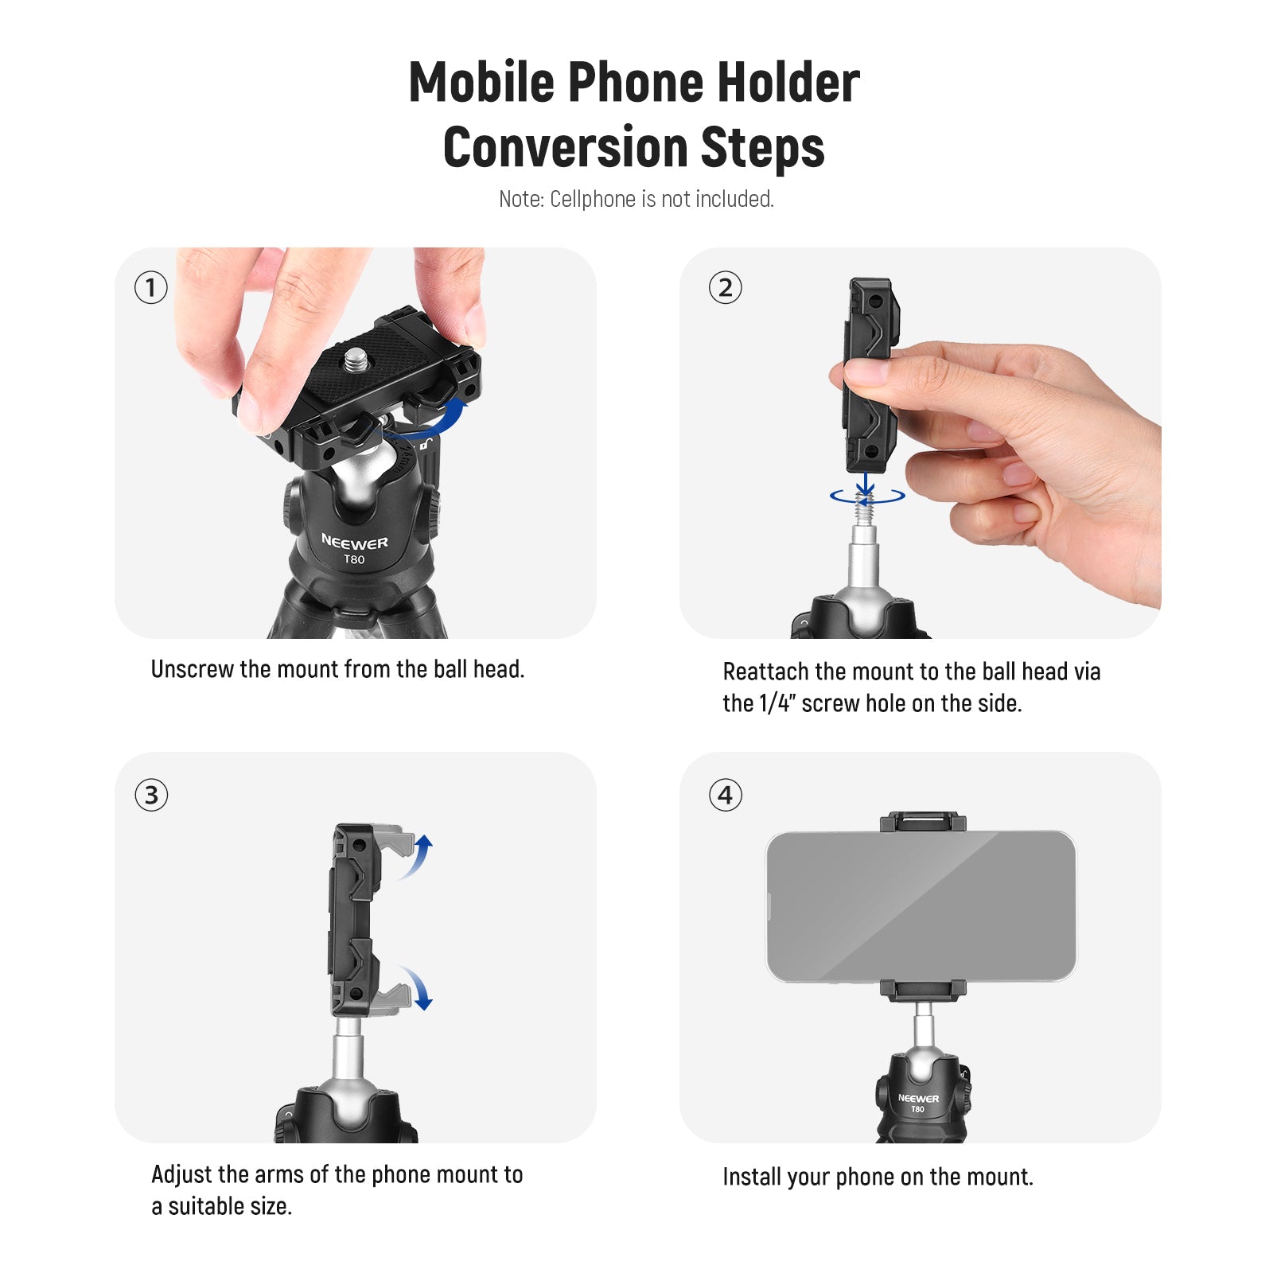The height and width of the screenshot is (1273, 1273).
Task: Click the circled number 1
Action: (x=150, y=287)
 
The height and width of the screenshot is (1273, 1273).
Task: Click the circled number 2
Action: (x=725, y=287)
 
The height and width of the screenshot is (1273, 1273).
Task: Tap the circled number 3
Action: (x=151, y=795)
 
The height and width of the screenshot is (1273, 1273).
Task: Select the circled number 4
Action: (x=725, y=795)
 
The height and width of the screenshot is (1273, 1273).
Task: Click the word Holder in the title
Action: (x=787, y=82)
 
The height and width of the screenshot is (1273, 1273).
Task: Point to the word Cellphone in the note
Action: (x=593, y=199)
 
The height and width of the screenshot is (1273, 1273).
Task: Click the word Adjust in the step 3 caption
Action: (x=181, y=1175)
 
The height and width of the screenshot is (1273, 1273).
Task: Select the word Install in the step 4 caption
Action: (x=752, y=1177)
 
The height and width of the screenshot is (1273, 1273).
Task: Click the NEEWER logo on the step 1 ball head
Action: (x=355, y=543)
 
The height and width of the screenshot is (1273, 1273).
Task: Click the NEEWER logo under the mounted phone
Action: (x=918, y=1098)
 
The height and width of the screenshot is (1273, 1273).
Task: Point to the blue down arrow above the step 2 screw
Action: (x=866, y=482)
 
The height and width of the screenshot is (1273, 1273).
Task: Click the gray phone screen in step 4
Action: (x=921, y=906)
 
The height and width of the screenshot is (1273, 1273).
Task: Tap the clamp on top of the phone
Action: (x=923, y=822)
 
